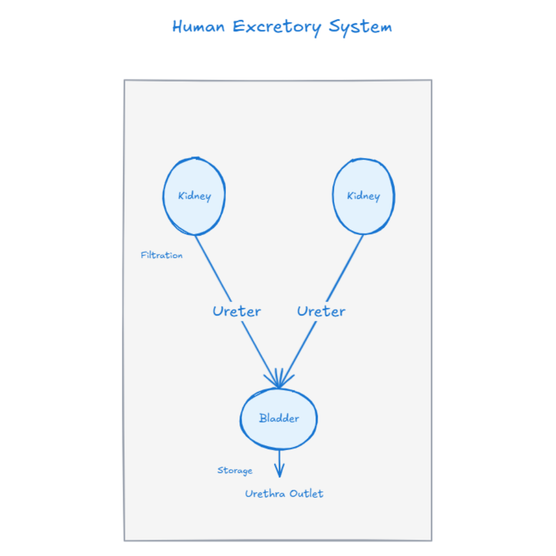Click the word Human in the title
(198, 27)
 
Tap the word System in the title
(360, 27)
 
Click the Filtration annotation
(161, 255)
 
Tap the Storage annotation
(235, 470)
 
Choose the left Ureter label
(236, 311)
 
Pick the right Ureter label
(321, 311)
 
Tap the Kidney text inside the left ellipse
(194, 196)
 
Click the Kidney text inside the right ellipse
(363, 196)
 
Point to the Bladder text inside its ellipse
(279, 418)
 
